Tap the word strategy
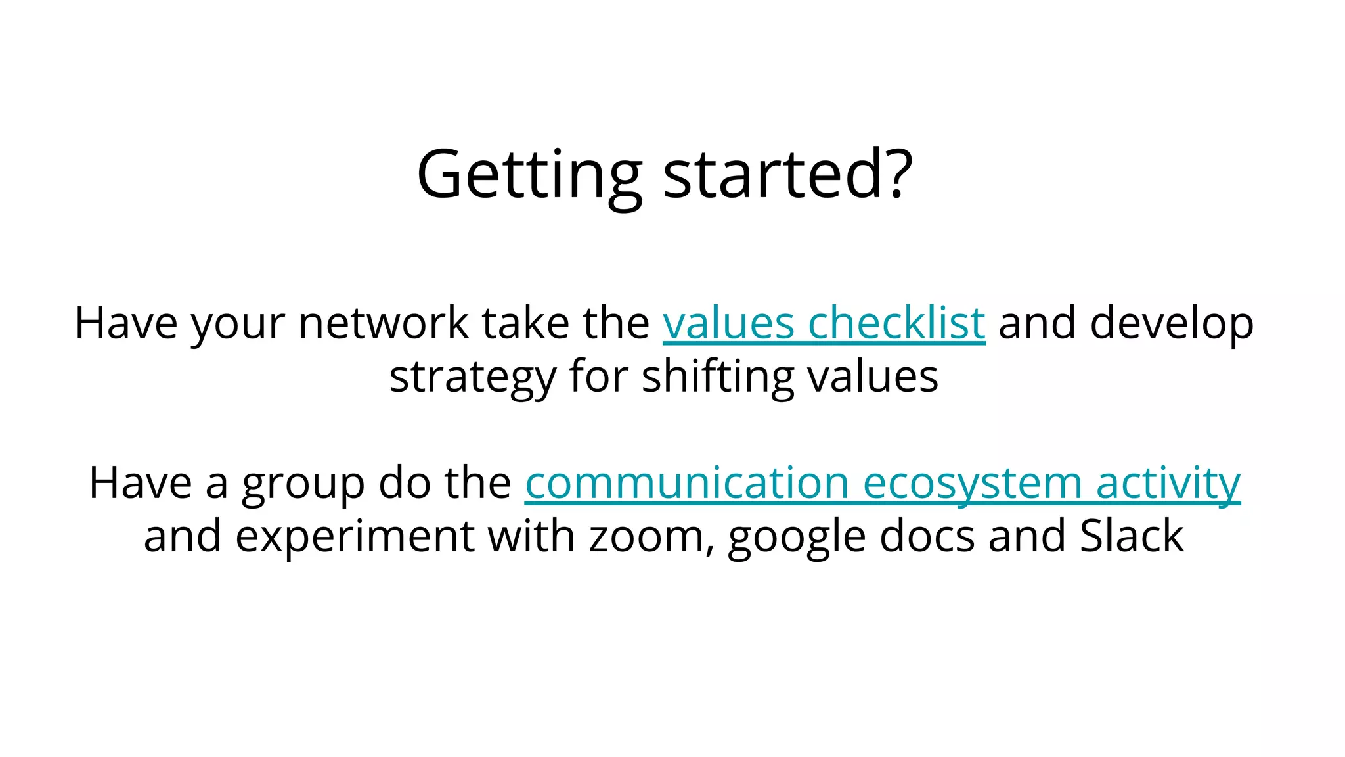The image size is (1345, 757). coord(472,378)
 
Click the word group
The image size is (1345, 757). coord(303,485)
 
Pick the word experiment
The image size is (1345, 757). coord(355,538)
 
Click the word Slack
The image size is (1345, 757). coord(1132,536)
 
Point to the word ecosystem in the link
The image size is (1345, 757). coord(972,484)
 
